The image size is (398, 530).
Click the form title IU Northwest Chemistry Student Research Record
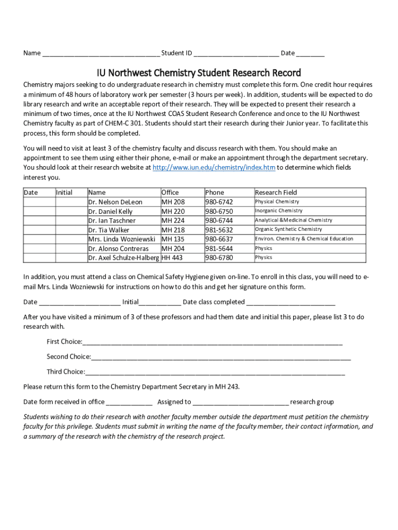pos(199,72)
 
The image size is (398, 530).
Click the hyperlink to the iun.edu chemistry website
pos(214,168)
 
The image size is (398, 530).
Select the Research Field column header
pos(276,193)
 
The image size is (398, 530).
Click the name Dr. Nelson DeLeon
pos(115,202)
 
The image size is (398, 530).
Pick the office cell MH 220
pos(173,211)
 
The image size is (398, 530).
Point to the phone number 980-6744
pos(219,220)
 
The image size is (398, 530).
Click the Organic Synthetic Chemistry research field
pos(288,229)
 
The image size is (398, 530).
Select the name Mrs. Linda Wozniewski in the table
pos(121,239)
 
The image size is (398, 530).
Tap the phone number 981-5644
pos(219,248)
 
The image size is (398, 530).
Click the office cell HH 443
pos(172,258)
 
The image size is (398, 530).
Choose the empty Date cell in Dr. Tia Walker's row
pos(39,230)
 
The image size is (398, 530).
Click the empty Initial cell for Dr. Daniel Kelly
pos(71,211)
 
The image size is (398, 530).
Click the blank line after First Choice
pos(212,342)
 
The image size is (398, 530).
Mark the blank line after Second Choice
pos(221,357)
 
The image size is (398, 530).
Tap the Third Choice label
pos(65,372)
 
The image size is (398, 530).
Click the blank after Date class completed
pos(291,302)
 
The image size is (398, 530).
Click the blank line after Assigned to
pos(240,402)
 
